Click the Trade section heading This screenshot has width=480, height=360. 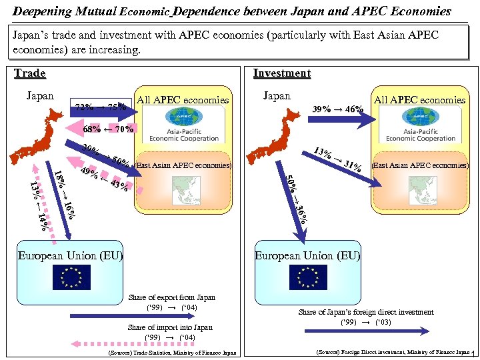30,73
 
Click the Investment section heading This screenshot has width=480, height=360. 282,73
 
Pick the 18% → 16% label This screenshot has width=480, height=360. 65,194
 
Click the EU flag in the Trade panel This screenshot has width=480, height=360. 71,277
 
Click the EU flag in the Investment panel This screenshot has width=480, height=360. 309,277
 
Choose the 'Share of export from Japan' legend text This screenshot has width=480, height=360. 171,297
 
